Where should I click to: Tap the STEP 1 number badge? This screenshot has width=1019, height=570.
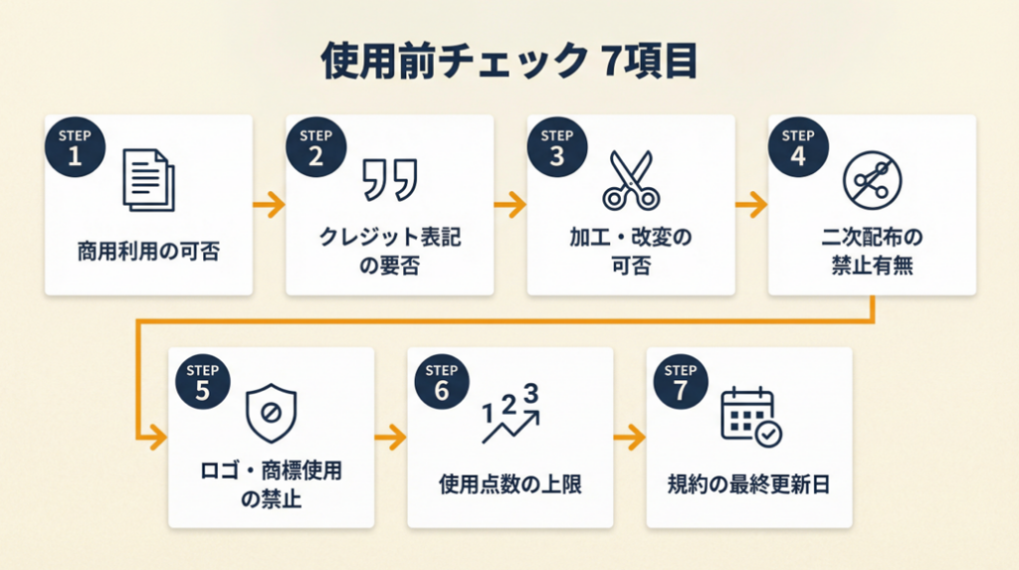[x=73, y=146]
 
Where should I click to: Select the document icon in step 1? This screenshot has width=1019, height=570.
[x=148, y=179]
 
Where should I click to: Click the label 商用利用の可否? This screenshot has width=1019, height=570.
[x=148, y=251]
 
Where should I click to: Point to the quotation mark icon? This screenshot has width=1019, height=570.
[x=389, y=179]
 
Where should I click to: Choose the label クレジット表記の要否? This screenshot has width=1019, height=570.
[x=390, y=251]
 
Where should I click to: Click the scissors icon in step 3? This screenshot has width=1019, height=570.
[x=629, y=179]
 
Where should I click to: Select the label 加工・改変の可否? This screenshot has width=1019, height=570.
[x=630, y=251]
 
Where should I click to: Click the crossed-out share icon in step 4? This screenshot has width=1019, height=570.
[x=871, y=179]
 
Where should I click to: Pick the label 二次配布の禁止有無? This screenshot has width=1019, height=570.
[x=872, y=251]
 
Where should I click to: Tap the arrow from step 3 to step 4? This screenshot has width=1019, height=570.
[x=751, y=206]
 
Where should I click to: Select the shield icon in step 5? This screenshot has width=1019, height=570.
[x=271, y=411]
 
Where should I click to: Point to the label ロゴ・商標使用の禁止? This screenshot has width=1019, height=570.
[x=271, y=483]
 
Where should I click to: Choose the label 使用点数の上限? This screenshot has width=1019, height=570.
[x=509, y=484]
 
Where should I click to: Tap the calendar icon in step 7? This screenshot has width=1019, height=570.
[x=750, y=415]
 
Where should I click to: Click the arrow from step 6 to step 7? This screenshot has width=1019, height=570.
[x=630, y=437]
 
